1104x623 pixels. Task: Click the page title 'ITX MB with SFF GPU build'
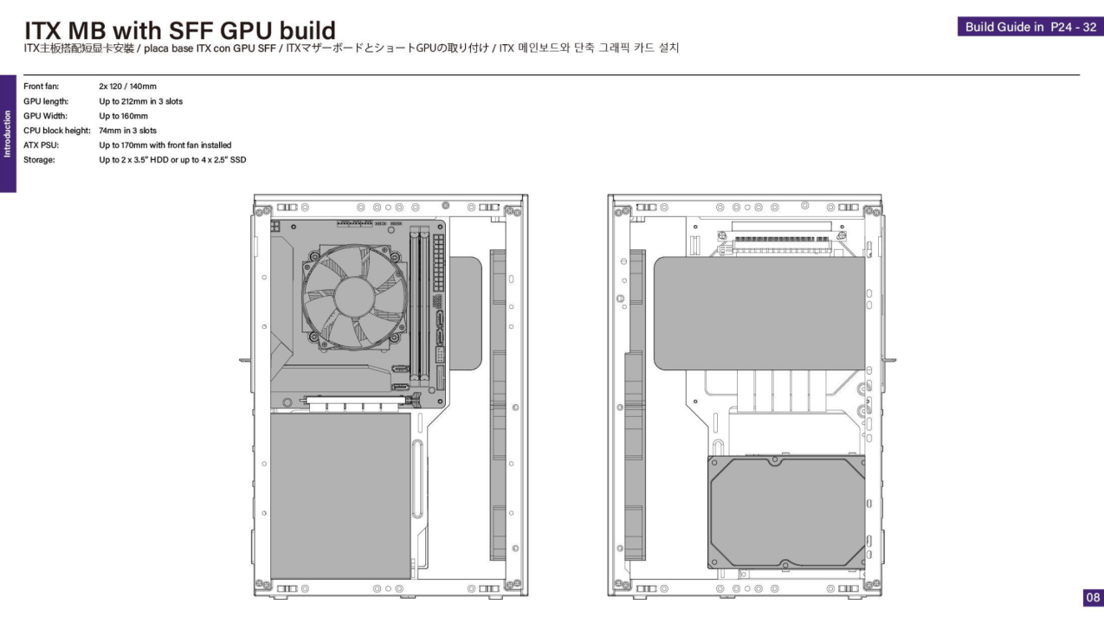point(180,30)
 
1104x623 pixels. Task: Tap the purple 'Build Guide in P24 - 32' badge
point(1030,27)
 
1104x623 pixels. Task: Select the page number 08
point(1093,597)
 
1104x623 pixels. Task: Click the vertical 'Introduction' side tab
point(8,133)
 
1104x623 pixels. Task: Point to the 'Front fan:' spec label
point(41,87)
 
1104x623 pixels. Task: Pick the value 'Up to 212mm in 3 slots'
point(140,101)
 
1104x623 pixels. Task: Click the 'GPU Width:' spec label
point(45,116)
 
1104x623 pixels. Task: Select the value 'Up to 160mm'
point(123,116)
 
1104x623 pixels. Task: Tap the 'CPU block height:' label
point(56,131)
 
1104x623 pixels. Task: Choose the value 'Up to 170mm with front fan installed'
point(165,145)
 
